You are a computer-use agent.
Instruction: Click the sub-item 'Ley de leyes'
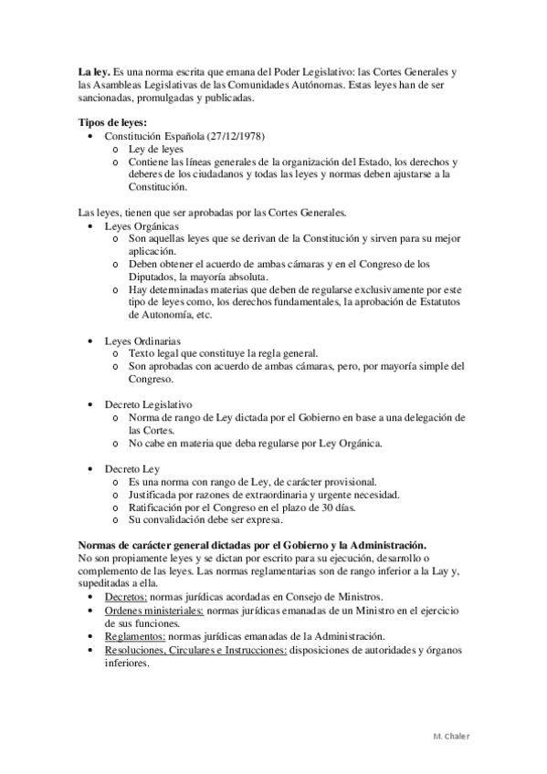pyautogui.click(x=157, y=149)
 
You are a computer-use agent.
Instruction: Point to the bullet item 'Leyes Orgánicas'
pyautogui.click(x=142, y=225)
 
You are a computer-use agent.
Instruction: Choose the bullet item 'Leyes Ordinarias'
pyautogui.click(x=144, y=340)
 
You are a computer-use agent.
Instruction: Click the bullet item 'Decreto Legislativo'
pyautogui.click(x=149, y=403)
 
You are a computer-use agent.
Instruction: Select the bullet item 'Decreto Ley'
pyautogui.click(x=132, y=467)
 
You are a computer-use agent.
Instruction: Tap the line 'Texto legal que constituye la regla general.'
pyautogui.click(x=224, y=352)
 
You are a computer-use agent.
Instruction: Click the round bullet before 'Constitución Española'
pyautogui.click(x=89, y=136)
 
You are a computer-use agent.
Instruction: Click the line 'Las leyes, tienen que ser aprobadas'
pyautogui.click(x=211, y=212)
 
